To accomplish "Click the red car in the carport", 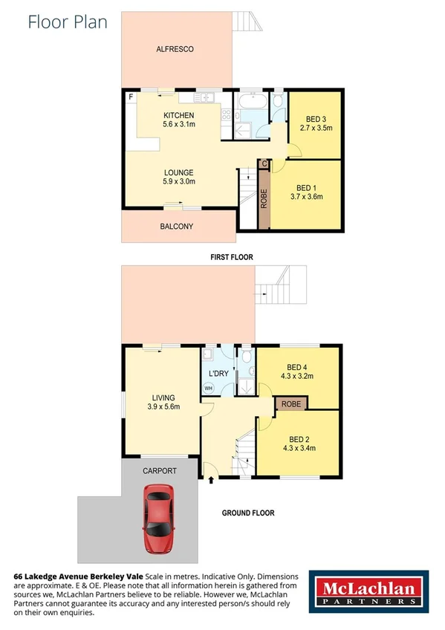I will [159, 519].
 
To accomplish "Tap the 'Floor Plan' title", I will [68, 22].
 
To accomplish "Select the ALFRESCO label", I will [175, 49].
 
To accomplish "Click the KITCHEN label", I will [178, 116].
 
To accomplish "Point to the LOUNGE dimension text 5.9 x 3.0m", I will [178, 181].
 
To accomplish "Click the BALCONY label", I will [177, 226].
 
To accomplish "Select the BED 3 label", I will [314, 119].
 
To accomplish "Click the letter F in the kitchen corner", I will [131, 97].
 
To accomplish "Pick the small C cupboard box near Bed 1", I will [264, 163].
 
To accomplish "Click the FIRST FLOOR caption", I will [231, 257].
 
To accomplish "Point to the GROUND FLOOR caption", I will [248, 513].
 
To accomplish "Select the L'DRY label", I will [218, 373].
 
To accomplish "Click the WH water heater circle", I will [209, 389].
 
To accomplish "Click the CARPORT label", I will [159, 471].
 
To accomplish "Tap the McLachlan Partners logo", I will [368, 593].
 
